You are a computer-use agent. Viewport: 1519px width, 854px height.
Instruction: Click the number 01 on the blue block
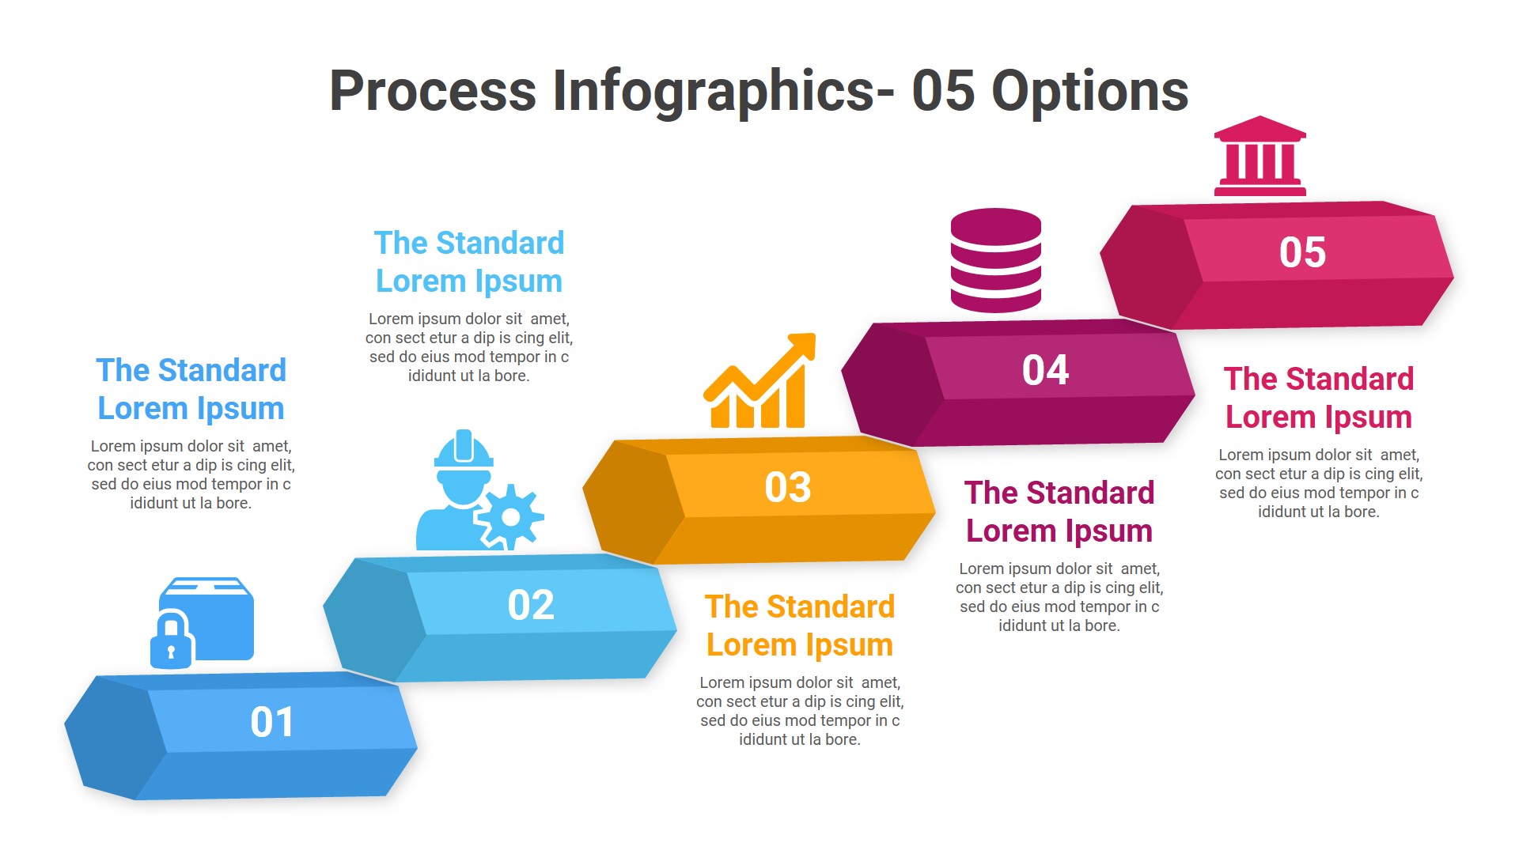(x=272, y=722)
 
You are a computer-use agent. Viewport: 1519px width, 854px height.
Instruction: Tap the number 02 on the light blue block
(x=531, y=605)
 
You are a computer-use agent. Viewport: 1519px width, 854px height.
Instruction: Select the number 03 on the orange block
(x=788, y=487)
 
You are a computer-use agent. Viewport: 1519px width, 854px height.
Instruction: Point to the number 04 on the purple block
(x=1045, y=370)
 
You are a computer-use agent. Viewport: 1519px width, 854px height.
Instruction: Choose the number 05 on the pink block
(x=1302, y=252)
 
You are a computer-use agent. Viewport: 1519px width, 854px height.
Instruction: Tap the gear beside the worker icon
(x=510, y=517)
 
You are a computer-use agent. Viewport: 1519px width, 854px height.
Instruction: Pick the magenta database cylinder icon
(x=995, y=260)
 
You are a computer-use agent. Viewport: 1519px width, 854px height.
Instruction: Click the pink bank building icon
(x=1260, y=157)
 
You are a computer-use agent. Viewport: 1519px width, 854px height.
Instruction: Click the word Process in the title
(x=433, y=91)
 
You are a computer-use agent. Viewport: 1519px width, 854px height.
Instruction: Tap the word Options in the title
(x=1089, y=91)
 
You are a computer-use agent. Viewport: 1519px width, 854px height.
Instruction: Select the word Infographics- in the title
(x=723, y=91)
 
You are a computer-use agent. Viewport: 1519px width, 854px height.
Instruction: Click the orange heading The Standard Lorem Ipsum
(x=799, y=625)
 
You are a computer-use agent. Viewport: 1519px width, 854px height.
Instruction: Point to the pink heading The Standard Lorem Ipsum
(x=1318, y=398)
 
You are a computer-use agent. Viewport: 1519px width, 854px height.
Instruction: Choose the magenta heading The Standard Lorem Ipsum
(x=1059, y=512)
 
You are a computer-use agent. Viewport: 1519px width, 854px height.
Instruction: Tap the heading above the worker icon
(x=468, y=262)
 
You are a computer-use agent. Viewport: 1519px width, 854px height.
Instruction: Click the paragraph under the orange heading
(x=799, y=711)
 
